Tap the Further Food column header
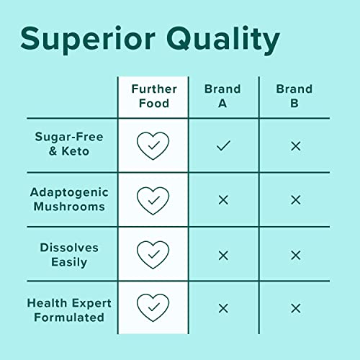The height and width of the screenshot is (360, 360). point(153,96)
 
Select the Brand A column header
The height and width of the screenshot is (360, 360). point(223,96)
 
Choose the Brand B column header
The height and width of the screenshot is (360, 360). point(294,96)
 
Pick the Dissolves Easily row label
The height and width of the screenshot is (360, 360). point(70,254)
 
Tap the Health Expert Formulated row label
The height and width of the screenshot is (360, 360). point(65,309)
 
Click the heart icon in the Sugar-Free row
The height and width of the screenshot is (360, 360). point(153,145)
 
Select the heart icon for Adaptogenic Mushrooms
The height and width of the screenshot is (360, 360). point(153,200)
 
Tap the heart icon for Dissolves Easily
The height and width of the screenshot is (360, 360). point(153,254)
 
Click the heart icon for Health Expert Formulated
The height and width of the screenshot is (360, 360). point(153,308)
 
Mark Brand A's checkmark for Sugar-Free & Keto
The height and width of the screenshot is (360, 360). point(223,145)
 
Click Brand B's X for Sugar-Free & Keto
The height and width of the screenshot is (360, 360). point(295,145)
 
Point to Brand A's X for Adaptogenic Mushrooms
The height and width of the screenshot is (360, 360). point(223,200)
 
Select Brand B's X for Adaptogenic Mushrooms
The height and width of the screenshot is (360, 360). point(295,200)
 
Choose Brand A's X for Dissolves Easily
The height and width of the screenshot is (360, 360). point(223,255)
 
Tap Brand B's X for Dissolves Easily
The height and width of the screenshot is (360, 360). point(295,255)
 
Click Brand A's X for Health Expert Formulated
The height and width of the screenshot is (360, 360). point(223,308)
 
